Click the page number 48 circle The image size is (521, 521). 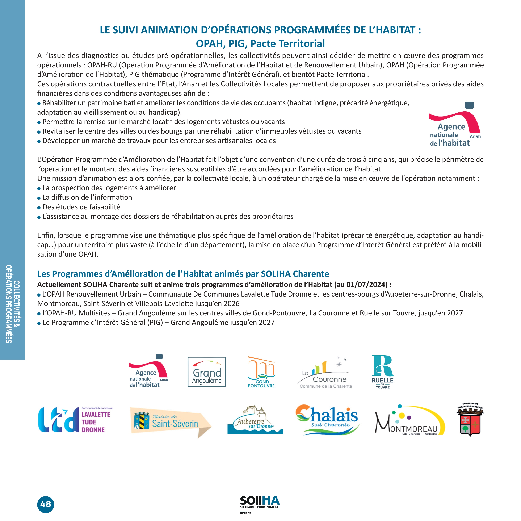pos(46,504)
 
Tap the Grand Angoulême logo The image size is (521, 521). pos(207,372)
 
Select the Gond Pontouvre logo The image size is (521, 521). pos(261,372)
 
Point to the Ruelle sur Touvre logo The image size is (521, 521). pos(383,372)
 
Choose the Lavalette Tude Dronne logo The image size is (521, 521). pos(76,420)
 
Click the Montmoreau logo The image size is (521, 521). pos(410,421)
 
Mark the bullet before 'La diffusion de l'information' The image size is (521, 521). pos(39,198)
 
